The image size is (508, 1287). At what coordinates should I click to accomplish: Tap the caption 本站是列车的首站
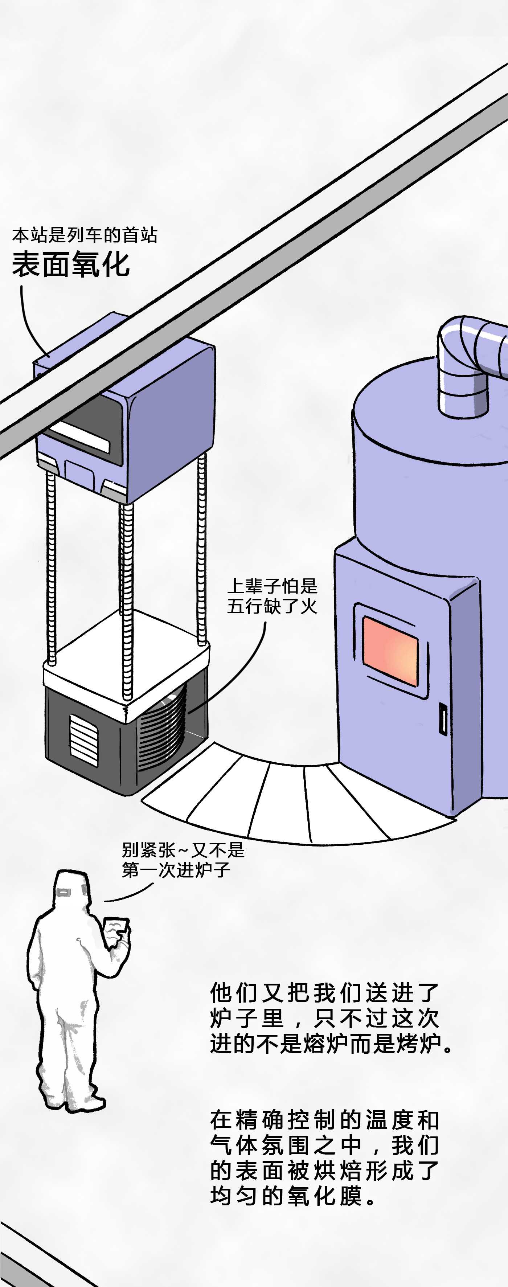click(85, 235)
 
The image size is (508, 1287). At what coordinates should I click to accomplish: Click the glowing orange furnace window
click(390, 651)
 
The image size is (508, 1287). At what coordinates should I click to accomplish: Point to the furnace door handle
click(443, 718)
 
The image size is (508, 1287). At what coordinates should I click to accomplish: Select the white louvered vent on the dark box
click(83, 740)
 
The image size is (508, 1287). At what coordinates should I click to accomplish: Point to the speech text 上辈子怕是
click(272, 586)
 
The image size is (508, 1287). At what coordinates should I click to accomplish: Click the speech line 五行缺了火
click(272, 606)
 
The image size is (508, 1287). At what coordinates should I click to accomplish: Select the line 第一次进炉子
click(176, 870)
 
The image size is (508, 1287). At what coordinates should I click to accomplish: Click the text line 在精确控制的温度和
click(324, 1120)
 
